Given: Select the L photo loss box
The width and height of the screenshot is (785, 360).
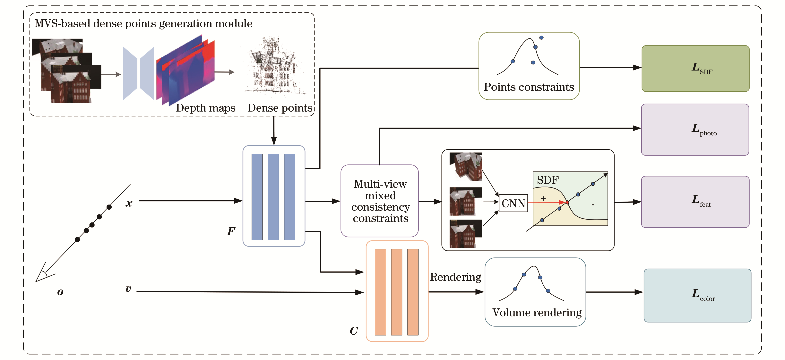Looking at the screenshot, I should click(x=695, y=130).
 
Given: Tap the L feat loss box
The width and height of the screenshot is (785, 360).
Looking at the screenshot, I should click(x=695, y=202).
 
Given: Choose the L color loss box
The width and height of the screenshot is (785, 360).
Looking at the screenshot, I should click(x=697, y=295).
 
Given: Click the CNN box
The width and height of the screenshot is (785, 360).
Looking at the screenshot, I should click(x=513, y=203).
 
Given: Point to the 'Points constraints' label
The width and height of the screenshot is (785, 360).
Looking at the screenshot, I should click(x=529, y=87).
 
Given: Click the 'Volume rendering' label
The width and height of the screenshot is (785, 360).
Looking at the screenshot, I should click(x=537, y=313).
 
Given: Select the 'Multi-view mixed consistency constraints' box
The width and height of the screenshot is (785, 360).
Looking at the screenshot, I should click(x=380, y=201).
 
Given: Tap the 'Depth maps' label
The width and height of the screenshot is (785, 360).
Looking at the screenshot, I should click(x=206, y=108).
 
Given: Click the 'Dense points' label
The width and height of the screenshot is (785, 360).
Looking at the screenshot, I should click(x=280, y=108).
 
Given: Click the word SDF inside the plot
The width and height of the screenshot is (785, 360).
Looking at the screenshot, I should click(x=548, y=180).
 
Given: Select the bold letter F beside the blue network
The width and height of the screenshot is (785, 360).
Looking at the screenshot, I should click(x=231, y=231).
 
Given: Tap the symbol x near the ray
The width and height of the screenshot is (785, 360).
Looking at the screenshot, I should click(x=129, y=203).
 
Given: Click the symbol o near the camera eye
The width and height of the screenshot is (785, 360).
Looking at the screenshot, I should click(x=60, y=292).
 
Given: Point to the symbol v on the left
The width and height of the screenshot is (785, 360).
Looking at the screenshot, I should click(x=128, y=289).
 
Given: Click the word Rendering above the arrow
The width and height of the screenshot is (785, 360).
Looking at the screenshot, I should click(x=455, y=277).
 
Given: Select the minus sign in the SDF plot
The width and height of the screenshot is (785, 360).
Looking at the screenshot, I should click(x=593, y=205).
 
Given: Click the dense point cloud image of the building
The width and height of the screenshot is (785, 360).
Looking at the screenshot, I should click(x=274, y=67).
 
